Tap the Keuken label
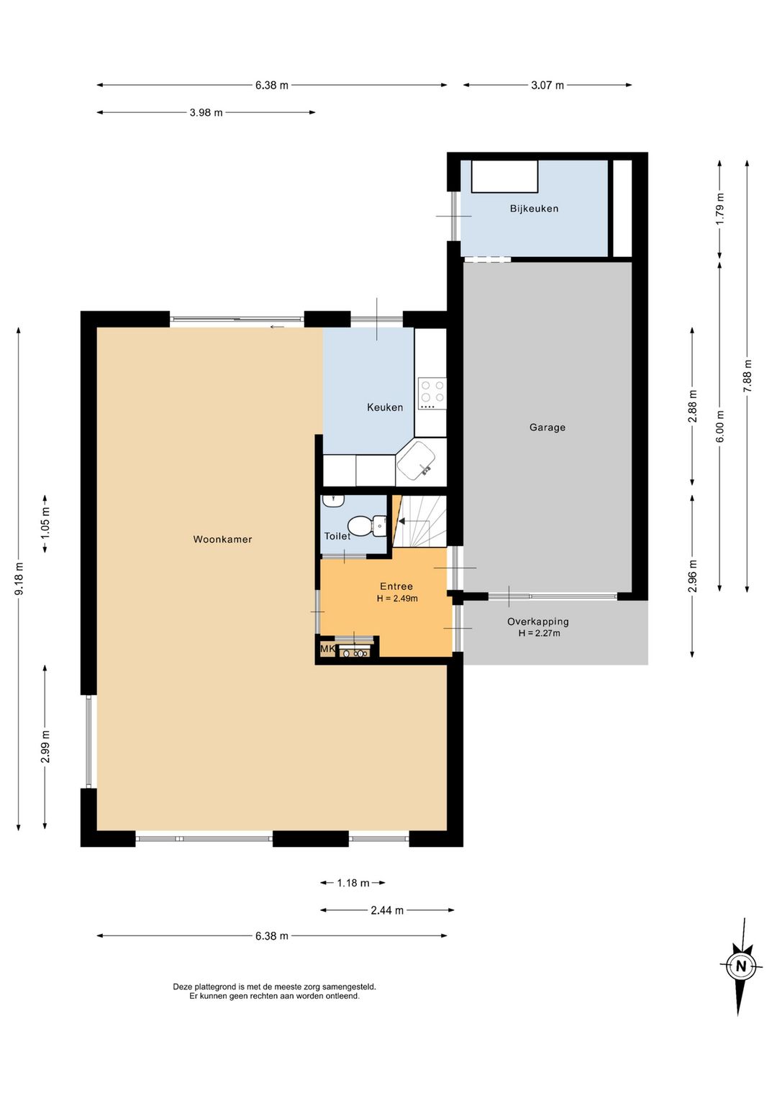point(385,407)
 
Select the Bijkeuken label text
point(534,209)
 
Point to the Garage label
point(547,427)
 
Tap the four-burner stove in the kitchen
point(432,394)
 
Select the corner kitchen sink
point(416,461)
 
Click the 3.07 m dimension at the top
point(547,86)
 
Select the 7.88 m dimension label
point(747,376)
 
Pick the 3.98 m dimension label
point(206,113)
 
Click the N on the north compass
point(741,966)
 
